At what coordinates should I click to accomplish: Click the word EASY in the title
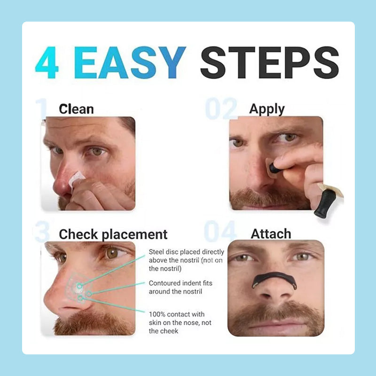(x=130, y=63)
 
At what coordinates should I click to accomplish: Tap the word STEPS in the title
(x=269, y=63)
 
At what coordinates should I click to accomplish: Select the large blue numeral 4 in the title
(x=47, y=63)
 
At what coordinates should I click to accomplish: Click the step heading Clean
(x=76, y=110)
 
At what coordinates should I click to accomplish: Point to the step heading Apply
(x=267, y=110)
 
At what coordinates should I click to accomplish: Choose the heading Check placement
(x=113, y=235)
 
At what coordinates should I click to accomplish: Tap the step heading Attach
(x=271, y=234)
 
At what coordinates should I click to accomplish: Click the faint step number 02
(x=221, y=109)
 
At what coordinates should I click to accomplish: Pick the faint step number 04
(x=220, y=231)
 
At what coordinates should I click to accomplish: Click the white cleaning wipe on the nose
(x=76, y=180)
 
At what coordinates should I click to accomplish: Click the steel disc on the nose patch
(x=78, y=289)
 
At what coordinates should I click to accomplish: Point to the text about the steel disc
(x=186, y=260)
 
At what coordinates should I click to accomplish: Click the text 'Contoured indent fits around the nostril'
(x=180, y=287)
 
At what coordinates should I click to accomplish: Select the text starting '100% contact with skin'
(x=180, y=322)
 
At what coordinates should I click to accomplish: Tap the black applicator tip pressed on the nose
(x=274, y=168)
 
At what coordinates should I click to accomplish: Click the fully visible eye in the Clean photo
(x=97, y=152)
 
